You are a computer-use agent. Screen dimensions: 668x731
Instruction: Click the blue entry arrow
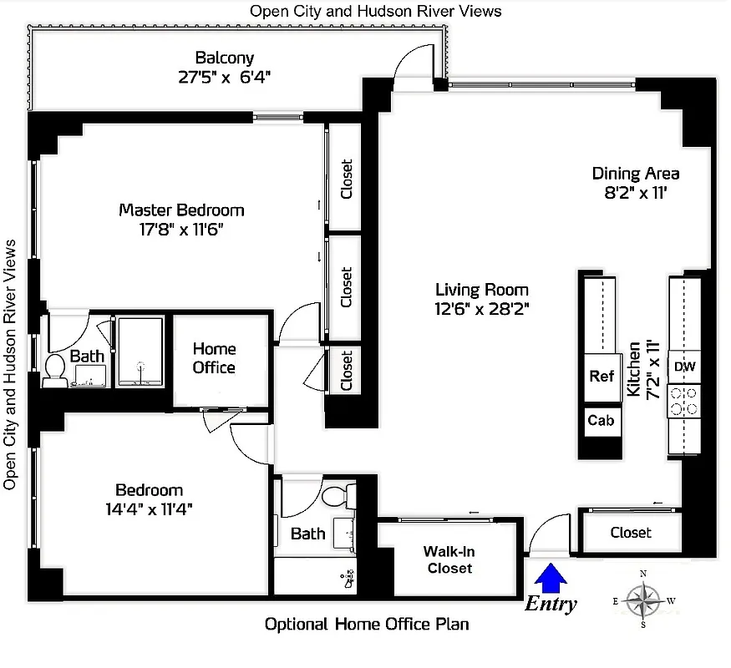tap(550, 575)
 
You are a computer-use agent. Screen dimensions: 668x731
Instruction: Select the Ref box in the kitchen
tap(602, 377)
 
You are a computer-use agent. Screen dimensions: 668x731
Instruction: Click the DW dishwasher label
tap(684, 367)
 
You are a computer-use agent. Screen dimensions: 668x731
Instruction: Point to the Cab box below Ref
tap(601, 420)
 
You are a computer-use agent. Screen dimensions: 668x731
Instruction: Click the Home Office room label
tap(214, 358)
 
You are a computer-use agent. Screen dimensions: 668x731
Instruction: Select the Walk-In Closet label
tap(449, 559)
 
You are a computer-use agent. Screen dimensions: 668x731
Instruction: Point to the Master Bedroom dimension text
tap(181, 229)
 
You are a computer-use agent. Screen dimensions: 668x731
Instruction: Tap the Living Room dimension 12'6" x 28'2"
tap(481, 308)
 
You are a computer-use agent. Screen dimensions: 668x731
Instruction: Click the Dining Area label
tap(635, 174)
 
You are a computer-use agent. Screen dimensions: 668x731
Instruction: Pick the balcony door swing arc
tap(414, 58)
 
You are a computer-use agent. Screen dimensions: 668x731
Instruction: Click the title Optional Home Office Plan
tap(366, 624)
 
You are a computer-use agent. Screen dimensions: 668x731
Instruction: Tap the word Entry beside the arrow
tap(550, 604)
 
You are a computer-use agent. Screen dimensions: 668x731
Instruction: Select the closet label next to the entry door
tap(631, 533)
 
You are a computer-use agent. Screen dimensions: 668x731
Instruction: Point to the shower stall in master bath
tap(141, 351)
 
